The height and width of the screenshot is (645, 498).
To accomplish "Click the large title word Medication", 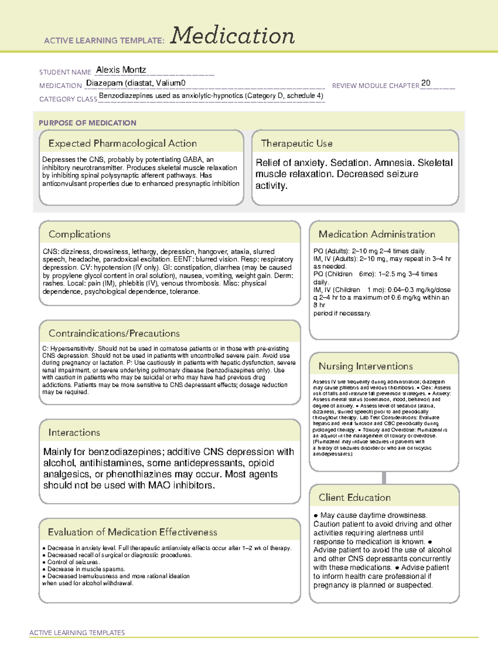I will pyautogui.click(x=232, y=36).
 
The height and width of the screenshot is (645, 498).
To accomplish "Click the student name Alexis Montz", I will pyautogui.click(x=121, y=70).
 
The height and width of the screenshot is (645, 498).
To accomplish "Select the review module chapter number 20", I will pyautogui.click(x=425, y=83).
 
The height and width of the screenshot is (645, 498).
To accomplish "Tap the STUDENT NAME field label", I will pyautogui.click(x=65, y=72).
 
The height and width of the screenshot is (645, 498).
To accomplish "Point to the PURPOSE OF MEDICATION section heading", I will pyautogui.click(x=87, y=123).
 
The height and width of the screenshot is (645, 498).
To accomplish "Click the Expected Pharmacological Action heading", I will pyautogui.click(x=122, y=143).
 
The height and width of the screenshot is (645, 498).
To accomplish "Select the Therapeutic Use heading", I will pyautogui.click(x=296, y=143).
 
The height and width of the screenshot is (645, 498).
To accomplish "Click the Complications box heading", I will pyautogui.click(x=79, y=234).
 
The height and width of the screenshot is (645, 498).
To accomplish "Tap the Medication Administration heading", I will pyautogui.click(x=376, y=234).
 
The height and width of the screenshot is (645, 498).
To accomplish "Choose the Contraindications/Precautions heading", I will pyautogui.click(x=114, y=334).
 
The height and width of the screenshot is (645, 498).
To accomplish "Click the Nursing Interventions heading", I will pyautogui.click(x=365, y=366).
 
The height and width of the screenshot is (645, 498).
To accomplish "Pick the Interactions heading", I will pyautogui.click(x=74, y=432).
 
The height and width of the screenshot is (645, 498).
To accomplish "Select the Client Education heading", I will pyautogui.click(x=354, y=498).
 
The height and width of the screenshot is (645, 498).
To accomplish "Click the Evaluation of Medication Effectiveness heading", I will pyautogui.click(x=132, y=532).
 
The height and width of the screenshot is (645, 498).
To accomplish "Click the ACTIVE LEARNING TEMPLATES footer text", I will pyautogui.click(x=77, y=633).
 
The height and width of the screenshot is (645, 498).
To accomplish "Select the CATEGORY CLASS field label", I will pyautogui.click(x=68, y=99).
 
